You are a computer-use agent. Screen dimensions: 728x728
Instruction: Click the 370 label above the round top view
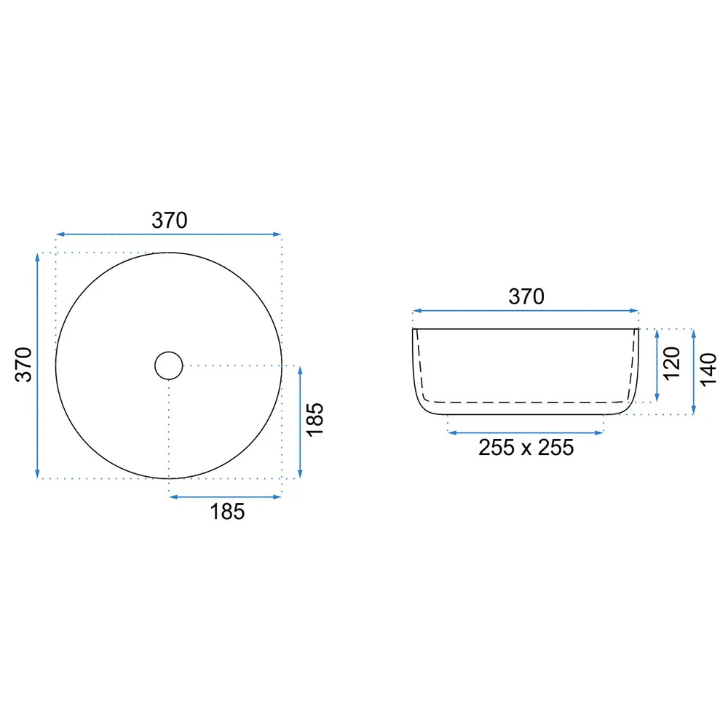(170, 221)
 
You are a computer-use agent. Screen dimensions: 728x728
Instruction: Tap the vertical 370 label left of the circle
(24, 365)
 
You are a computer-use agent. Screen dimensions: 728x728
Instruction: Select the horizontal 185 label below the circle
(227, 512)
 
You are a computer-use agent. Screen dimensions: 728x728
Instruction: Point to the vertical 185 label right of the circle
(314, 420)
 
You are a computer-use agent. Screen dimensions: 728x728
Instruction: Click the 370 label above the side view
(526, 297)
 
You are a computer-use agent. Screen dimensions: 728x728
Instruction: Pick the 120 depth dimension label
(672, 363)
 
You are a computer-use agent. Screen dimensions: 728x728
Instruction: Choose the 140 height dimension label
(708, 370)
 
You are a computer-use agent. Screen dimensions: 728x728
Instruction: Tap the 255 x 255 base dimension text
(526, 448)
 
